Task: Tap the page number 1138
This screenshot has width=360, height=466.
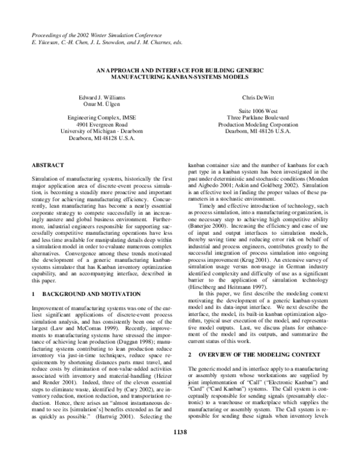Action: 180,447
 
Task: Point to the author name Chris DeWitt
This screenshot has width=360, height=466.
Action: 257,97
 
